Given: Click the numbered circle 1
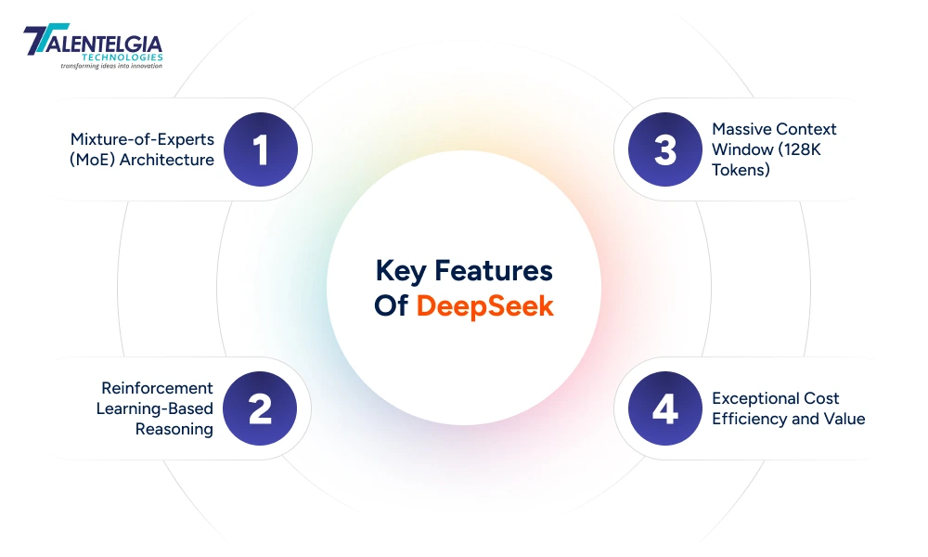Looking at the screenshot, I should click(x=261, y=149).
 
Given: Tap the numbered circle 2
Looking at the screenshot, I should click(x=261, y=408).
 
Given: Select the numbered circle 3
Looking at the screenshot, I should click(x=665, y=149).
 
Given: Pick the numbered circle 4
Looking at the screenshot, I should click(x=665, y=408).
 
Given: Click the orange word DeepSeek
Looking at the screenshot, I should click(x=484, y=305).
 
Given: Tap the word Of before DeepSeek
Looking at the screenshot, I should click(x=391, y=305).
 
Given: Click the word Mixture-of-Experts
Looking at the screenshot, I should click(x=142, y=139).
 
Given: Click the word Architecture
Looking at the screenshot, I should click(x=171, y=160).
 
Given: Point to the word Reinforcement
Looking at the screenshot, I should click(x=157, y=388).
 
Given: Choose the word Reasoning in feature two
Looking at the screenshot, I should click(x=174, y=429).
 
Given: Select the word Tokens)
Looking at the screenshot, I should click(x=741, y=170).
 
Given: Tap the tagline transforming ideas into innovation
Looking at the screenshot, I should click(x=111, y=66).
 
